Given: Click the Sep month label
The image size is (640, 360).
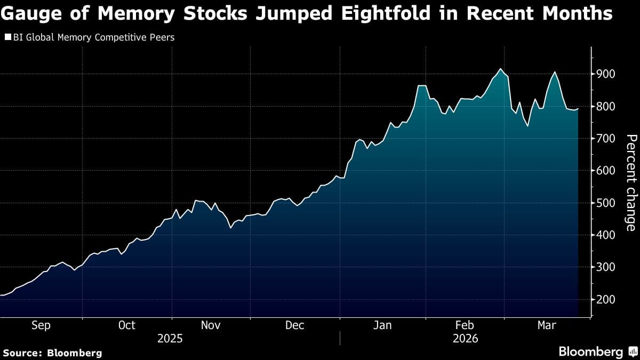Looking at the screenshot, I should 41,325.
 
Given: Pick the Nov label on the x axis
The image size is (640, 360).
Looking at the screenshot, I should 210,325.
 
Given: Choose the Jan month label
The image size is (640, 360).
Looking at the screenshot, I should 382,325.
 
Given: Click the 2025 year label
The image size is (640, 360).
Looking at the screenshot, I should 170,339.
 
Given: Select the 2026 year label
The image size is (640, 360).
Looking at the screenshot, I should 465,339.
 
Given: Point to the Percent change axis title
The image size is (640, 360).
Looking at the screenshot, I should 630,182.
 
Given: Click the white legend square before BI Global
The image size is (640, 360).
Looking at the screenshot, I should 8,37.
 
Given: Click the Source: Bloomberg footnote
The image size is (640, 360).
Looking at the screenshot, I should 52,353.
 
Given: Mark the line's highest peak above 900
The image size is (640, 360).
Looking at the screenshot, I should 500,69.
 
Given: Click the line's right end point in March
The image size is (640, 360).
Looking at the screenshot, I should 579,109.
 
